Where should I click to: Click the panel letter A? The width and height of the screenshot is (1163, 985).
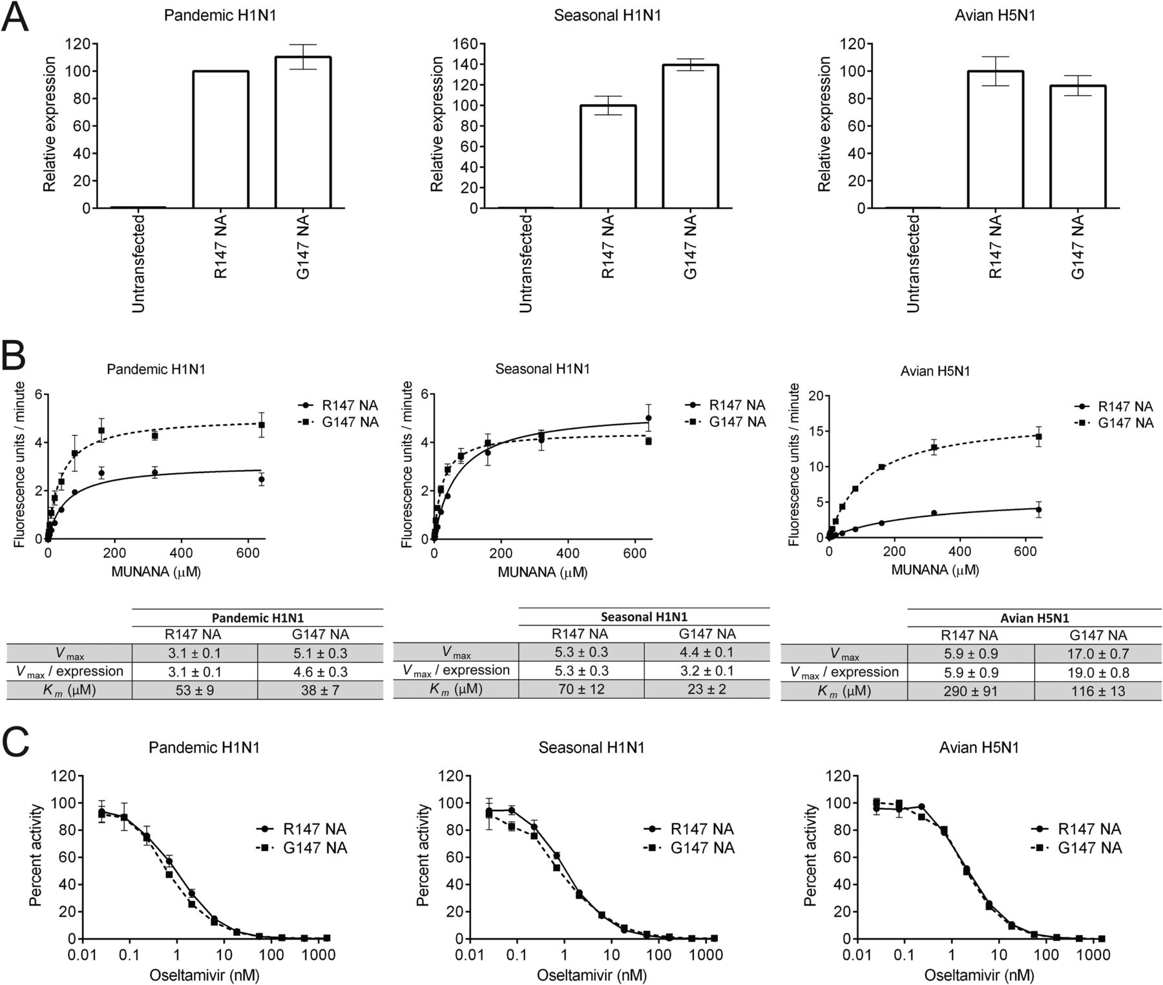(x=15, y=17)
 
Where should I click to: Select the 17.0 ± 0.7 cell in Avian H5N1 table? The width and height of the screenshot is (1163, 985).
(x=1098, y=653)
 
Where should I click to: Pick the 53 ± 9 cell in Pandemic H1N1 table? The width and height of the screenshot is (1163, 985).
(x=194, y=690)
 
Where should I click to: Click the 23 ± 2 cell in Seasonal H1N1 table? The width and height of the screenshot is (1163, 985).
(x=706, y=689)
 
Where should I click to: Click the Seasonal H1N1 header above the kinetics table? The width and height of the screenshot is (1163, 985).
(x=643, y=617)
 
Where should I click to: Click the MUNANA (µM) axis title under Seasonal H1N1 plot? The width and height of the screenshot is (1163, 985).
(x=542, y=572)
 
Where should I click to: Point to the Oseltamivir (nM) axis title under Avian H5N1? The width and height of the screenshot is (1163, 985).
(x=979, y=975)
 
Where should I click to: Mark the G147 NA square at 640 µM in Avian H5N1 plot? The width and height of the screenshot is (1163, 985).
(x=1039, y=437)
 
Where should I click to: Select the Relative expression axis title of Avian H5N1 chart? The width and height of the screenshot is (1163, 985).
(x=824, y=124)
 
